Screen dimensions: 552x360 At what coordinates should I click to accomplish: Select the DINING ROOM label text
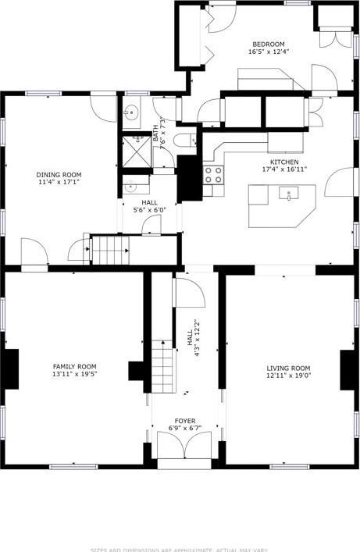(59, 175)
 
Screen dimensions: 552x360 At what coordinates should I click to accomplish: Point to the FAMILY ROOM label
(74, 366)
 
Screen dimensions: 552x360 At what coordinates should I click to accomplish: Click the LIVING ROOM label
(288, 368)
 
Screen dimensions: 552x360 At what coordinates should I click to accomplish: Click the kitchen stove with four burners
(213, 174)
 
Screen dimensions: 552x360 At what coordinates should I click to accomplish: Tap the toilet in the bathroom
(184, 141)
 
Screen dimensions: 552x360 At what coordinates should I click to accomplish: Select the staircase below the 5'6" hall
(109, 250)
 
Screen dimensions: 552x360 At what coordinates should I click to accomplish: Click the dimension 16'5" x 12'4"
(268, 52)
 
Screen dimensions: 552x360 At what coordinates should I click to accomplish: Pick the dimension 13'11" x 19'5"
(74, 375)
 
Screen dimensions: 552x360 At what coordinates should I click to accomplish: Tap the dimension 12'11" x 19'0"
(288, 376)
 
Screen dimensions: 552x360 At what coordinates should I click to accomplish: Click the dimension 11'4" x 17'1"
(59, 183)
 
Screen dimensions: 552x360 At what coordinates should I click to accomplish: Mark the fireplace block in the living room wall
(347, 369)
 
